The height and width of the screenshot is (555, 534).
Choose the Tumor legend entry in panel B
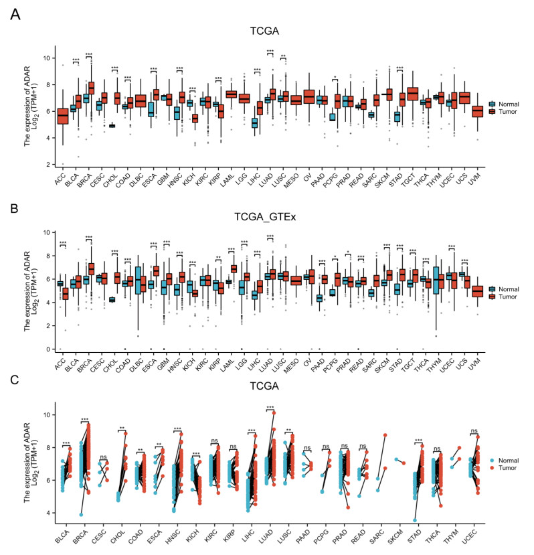pos(503,297)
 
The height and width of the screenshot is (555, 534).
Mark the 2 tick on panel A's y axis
pos(47,164)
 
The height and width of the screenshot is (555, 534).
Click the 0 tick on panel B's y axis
pos(47,349)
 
